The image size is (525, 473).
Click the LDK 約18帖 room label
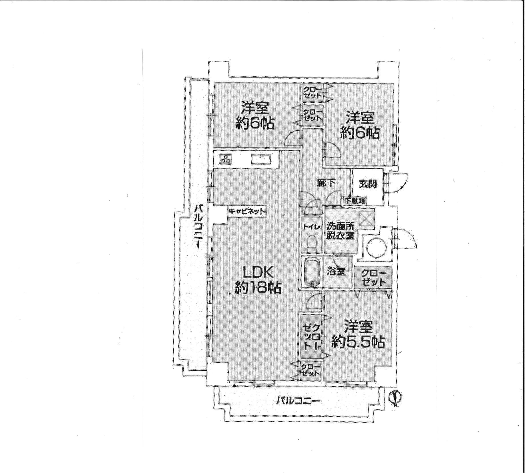pos(258,281)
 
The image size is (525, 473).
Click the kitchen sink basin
pos(261,159)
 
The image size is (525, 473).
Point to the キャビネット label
pos(246,211)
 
